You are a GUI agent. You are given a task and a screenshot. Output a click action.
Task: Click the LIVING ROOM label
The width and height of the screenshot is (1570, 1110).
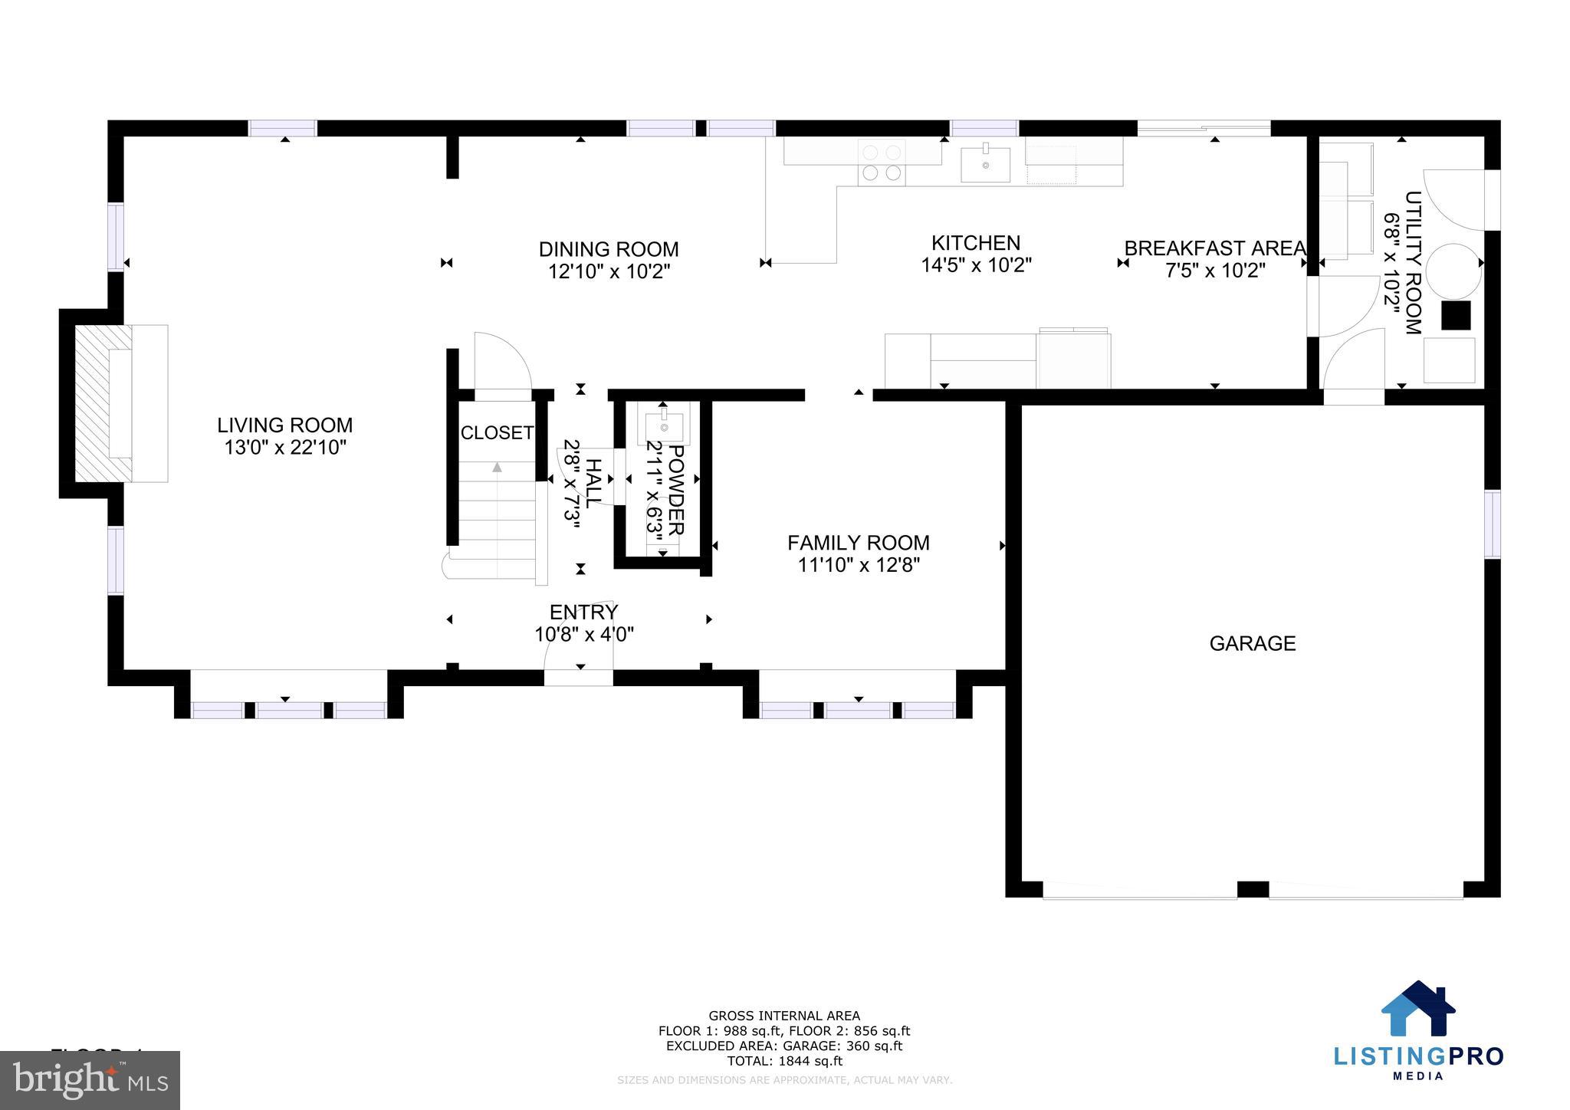[284, 425]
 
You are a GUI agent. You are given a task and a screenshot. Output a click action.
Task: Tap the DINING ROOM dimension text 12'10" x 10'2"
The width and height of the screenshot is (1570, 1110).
[609, 271]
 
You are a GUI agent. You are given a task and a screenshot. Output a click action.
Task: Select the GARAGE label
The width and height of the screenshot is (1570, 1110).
[1252, 643]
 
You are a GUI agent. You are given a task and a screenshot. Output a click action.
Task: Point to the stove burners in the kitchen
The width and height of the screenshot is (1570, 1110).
[882, 163]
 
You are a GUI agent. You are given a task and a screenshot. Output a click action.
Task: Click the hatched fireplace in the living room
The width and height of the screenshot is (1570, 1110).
[93, 403]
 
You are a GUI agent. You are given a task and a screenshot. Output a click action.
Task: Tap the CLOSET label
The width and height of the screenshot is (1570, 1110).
[496, 433]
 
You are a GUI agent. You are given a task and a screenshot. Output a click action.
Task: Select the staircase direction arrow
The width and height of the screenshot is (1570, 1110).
[497, 467]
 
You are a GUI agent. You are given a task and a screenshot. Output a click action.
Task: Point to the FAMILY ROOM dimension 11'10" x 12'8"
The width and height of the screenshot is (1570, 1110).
[858, 565]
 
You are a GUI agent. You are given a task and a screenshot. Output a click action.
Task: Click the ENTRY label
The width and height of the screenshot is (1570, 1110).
[583, 612]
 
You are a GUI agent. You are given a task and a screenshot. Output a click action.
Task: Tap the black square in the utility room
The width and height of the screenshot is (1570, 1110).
[1456, 315]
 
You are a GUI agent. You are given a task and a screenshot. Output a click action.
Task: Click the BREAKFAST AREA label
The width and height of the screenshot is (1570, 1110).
[1214, 248]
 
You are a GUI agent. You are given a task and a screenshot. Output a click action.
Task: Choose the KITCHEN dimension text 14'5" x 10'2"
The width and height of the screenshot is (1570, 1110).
[976, 265]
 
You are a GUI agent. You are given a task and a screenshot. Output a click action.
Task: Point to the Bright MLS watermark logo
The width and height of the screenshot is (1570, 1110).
[90, 1080]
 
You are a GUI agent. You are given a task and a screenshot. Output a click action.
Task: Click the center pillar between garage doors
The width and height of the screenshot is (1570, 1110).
[1253, 889]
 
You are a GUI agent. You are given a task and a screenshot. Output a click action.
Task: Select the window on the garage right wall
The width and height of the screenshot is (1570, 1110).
[1492, 524]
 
